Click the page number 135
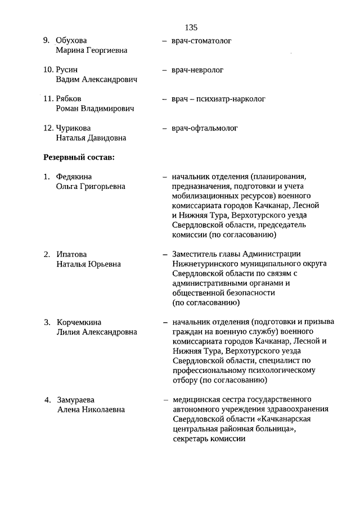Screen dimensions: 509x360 click(191, 27)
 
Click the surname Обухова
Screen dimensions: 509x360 click(72, 40)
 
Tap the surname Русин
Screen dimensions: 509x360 click(67, 70)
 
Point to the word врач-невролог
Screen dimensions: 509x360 click(198, 70)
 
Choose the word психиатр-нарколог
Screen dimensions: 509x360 click(231, 99)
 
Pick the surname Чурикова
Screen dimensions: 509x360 click(74, 128)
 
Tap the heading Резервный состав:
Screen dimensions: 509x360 click(79, 157)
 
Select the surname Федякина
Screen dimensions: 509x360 click(74, 177)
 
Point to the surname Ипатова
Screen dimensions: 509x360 click(71, 254)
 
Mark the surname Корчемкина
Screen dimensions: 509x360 click(79, 322)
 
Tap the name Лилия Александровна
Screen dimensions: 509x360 click(97, 332)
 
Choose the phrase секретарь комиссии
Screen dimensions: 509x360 click(209, 439)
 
